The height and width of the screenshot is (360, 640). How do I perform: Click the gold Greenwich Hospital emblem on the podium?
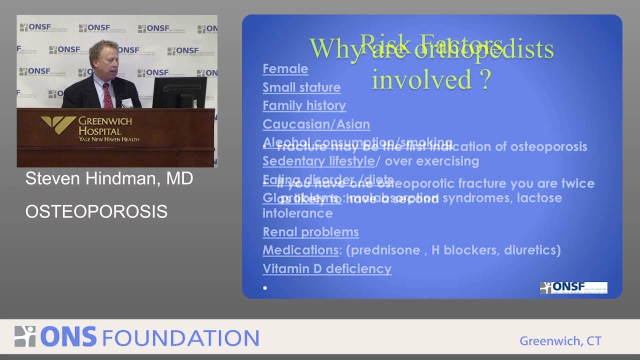pyautogui.click(x=58, y=125)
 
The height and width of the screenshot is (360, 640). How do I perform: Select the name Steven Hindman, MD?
pyautogui.click(x=109, y=178)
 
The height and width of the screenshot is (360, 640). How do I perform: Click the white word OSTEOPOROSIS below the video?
pyautogui.click(x=96, y=211)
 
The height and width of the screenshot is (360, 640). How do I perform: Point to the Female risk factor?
pyautogui.click(x=285, y=68)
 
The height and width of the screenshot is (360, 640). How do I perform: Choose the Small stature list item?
pyautogui.click(x=301, y=87)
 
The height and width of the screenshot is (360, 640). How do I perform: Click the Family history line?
pyautogui.click(x=304, y=105)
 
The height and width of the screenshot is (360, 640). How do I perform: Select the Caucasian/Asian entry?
pyautogui.click(x=316, y=124)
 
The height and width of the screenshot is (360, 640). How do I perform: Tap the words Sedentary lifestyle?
pyautogui.click(x=318, y=161)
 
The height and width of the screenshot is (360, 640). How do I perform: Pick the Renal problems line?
pyautogui.click(x=310, y=232)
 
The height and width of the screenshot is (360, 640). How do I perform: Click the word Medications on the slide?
pyautogui.click(x=300, y=250)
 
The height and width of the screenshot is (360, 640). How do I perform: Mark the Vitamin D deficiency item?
pyautogui.click(x=327, y=268)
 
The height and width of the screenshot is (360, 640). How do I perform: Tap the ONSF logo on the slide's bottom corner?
pyautogui.click(x=573, y=287)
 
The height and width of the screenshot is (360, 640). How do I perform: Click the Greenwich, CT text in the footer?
pyautogui.click(x=560, y=341)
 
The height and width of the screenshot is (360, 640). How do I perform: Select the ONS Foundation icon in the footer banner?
pyautogui.click(x=25, y=336)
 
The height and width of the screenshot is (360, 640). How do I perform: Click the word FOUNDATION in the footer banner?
pyautogui.click(x=180, y=337)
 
